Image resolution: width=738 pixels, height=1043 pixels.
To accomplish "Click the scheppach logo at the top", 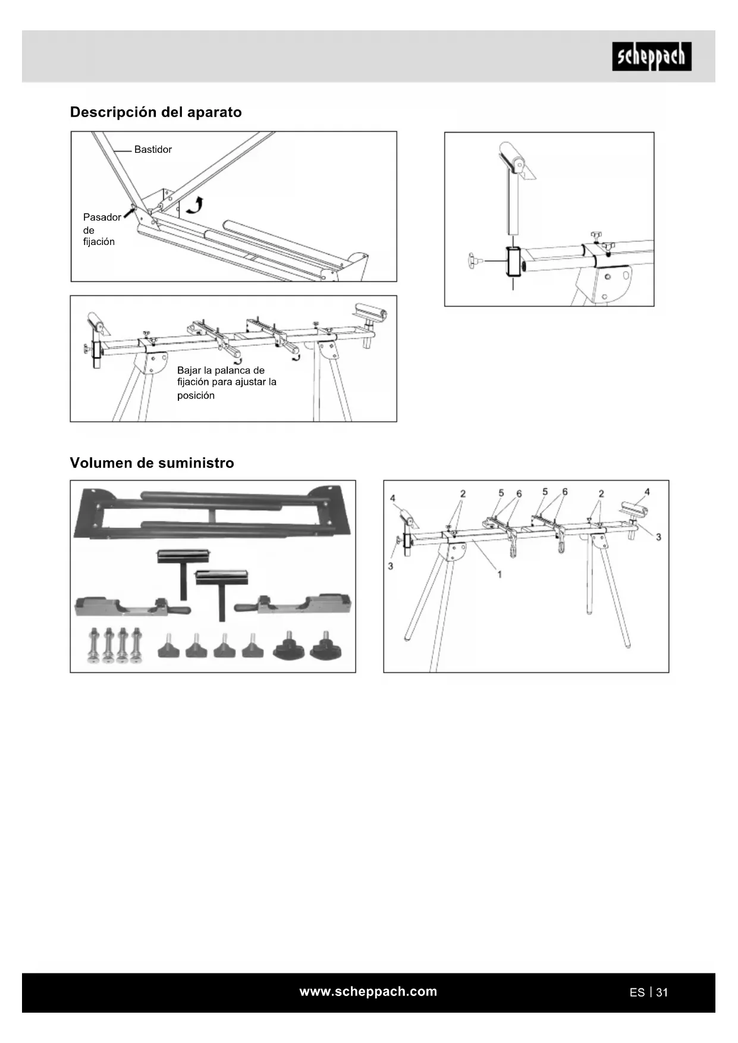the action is tap(651, 56).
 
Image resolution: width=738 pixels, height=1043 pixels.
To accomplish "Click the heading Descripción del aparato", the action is tap(156, 112).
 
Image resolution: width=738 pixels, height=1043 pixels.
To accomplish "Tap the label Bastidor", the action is tap(153, 150).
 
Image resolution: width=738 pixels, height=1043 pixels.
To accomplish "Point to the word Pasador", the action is tap(102, 218).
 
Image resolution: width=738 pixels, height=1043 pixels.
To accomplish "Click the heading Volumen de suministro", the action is tap(152, 463).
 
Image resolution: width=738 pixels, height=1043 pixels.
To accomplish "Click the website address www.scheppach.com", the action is tap(368, 991).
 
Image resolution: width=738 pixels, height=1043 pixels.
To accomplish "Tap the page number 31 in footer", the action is tap(662, 992).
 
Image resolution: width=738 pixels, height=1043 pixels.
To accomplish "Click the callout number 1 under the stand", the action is tap(500, 574).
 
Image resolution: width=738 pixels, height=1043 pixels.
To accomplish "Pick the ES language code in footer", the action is tap(637, 992).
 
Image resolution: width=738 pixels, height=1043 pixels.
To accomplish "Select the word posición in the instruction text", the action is tap(196, 396).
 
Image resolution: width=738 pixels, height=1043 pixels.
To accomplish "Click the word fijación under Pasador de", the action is tap(99, 242).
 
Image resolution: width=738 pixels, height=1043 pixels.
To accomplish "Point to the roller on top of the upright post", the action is tap(513, 156).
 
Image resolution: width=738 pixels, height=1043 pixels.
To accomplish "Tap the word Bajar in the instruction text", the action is tap(189, 370).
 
